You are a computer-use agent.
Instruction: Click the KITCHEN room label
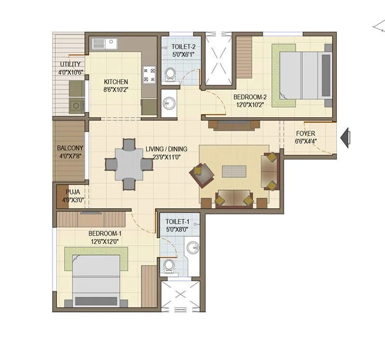pos(116,82)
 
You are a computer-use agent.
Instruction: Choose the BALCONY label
pos(70,148)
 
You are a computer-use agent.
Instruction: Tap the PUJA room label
pos(73,192)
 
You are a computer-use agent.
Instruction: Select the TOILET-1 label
pos(177,222)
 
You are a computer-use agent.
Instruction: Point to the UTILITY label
pos(70,64)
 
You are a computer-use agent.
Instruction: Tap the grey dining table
pos(128,164)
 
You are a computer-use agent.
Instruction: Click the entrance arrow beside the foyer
pos(346,137)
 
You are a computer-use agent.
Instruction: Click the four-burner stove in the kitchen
pos(148,75)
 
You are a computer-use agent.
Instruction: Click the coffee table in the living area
pos(234,172)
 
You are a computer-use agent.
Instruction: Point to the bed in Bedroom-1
pos(96,279)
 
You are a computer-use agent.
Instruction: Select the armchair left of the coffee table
pos(202,174)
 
